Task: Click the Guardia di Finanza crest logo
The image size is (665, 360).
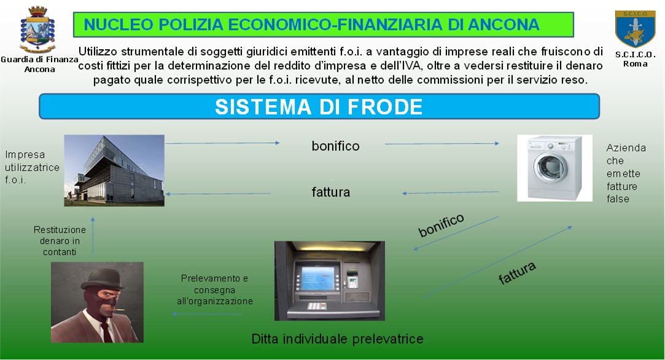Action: tap(37, 29)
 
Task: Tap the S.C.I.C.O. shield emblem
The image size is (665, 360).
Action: tap(635, 28)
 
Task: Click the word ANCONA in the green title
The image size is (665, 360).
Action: tap(504, 25)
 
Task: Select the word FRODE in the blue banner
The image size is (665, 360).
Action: tap(385, 106)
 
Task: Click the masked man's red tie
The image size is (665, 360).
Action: tap(106, 332)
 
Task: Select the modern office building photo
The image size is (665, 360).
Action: tap(114, 171)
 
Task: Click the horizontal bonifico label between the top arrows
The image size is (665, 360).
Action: tap(335, 146)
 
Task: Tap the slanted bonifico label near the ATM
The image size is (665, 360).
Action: tap(441, 225)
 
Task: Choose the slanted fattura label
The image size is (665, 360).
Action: tap(517, 273)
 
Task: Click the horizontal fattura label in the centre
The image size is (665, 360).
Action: tap(331, 192)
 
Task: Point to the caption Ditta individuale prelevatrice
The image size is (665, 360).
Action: tap(337, 338)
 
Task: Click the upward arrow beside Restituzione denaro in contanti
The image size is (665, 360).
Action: tap(93, 236)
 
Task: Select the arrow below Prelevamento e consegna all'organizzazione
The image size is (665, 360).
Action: tap(207, 314)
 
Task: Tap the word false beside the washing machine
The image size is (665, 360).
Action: tap(618, 198)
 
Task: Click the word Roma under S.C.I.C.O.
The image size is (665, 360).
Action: tap(635, 64)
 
